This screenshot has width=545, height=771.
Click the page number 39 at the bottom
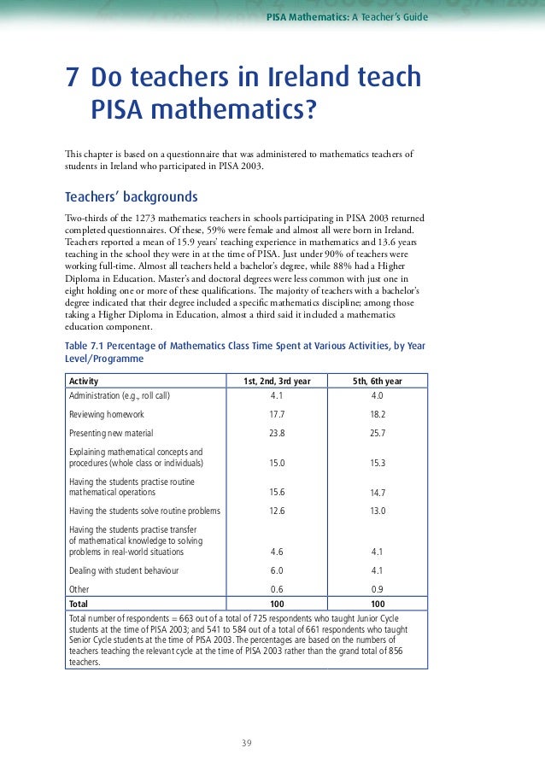[247, 743]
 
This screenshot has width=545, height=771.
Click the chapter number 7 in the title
[73, 79]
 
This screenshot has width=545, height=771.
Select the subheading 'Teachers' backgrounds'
[131, 196]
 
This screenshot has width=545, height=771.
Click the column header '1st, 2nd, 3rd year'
[277, 381]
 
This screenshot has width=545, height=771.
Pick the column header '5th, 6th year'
[378, 381]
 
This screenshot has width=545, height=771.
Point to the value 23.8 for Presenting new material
[277, 433]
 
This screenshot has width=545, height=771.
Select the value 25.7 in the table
[378, 433]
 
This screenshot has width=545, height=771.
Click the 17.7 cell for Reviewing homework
[277, 414]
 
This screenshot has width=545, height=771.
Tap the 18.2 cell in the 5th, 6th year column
[378, 414]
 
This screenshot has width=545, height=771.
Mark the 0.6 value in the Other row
[277, 589]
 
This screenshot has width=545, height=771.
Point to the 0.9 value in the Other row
[378, 589]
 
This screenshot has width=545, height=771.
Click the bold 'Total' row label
[79, 602]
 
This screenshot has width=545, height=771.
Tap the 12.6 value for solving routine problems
[277, 511]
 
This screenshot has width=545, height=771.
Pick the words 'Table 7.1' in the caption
[86, 345]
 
